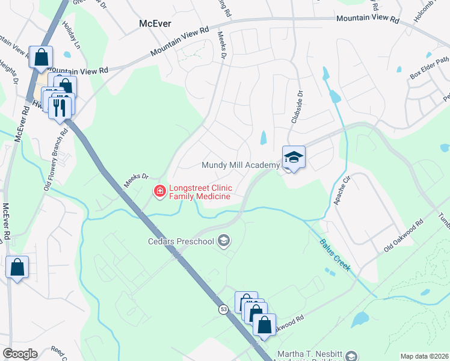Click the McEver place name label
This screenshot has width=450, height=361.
tap(155, 23)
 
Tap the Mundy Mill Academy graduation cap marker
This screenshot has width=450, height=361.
tap(294, 158)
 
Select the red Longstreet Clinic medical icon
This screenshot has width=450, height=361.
tap(160, 192)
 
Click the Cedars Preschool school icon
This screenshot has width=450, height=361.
tap(224, 242)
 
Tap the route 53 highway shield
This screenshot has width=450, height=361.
tap(224, 309)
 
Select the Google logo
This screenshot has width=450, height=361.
tap(20, 354)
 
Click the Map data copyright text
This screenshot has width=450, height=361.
tap(425, 356)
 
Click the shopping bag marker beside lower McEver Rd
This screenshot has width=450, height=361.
tap(17, 267)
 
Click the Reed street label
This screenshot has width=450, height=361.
tap(60, 352)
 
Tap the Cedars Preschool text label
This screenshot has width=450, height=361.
tap(181, 242)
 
